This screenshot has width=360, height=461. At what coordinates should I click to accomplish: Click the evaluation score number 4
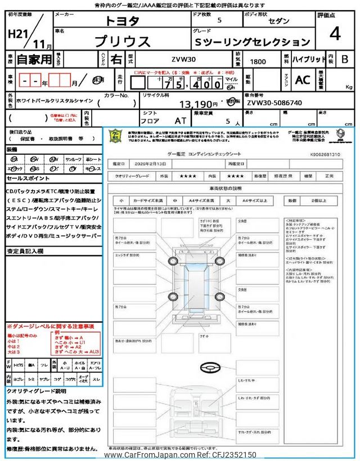point(335,35)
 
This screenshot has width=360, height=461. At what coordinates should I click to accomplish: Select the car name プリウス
point(122,41)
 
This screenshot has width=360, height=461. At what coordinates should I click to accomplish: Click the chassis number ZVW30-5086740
point(274,104)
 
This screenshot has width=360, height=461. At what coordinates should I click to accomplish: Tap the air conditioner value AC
point(302,80)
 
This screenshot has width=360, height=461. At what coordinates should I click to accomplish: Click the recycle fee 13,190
point(198,104)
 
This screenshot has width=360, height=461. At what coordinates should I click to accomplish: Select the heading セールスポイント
point(28,178)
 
